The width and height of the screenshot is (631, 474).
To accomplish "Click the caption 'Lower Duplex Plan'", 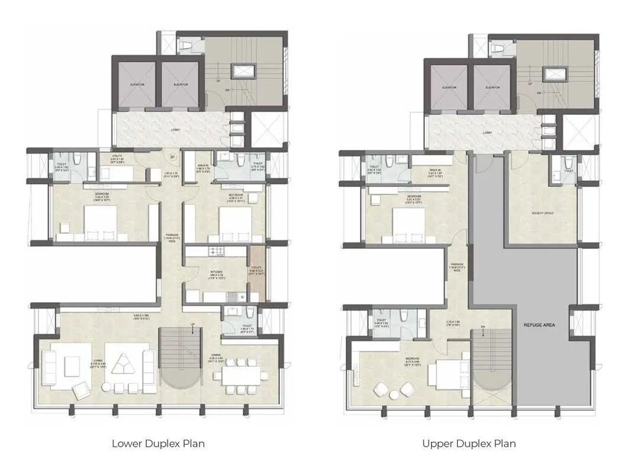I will pos(158,443).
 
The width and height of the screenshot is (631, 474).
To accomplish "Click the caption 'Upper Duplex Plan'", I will pos(468,443).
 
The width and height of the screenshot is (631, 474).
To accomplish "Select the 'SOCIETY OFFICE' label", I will pos(541,212).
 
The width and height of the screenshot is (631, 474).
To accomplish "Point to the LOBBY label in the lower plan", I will pos(175,129).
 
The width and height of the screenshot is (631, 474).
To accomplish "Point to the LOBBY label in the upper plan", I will pos(487,133).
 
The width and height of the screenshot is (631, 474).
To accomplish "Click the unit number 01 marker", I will pos(172,157).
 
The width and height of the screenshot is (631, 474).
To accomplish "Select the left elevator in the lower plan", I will pos(137,85).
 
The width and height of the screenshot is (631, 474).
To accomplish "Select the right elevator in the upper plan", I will pos(492,88).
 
